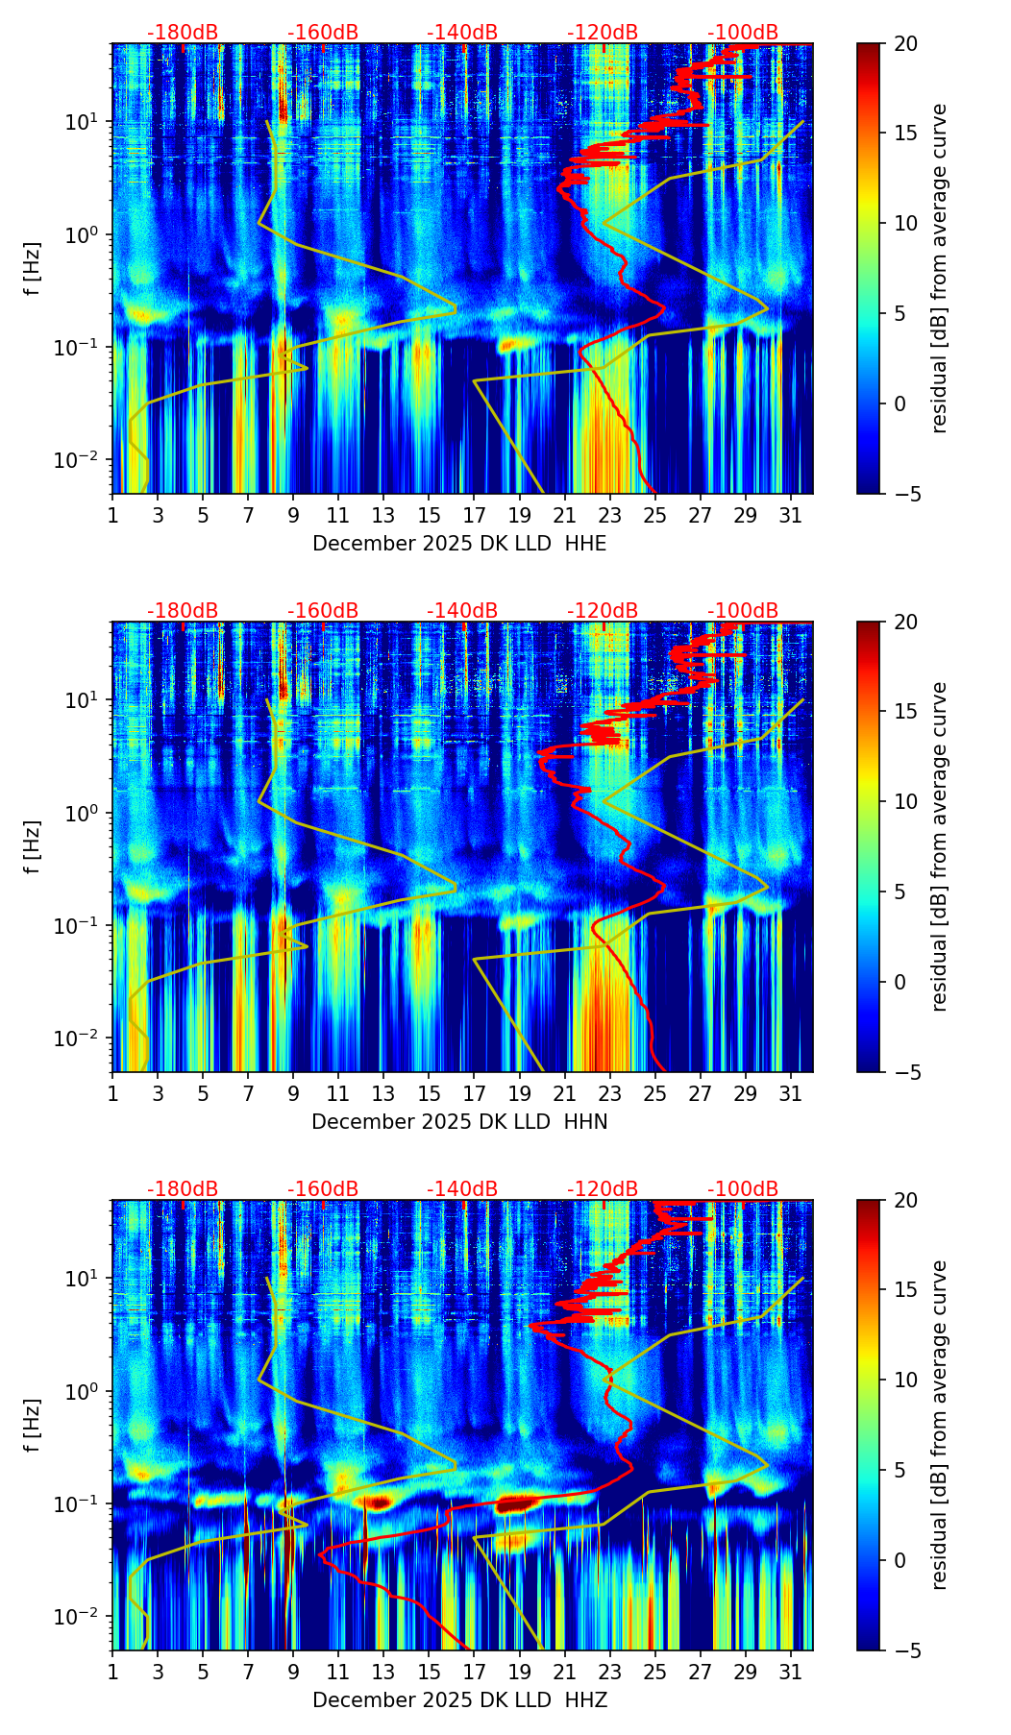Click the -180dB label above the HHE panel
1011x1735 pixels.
pyautogui.click(x=183, y=33)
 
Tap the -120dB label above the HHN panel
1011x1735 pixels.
pyautogui.click(x=603, y=611)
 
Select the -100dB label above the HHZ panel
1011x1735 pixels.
pyautogui.click(x=743, y=1189)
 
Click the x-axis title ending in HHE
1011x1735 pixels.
pyautogui.click(x=459, y=544)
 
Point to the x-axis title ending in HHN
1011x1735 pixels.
pyautogui.click(x=459, y=1122)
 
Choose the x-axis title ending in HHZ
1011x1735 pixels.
pyautogui.click(x=459, y=1700)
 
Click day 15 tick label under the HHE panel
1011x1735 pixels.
pyautogui.click(x=429, y=515)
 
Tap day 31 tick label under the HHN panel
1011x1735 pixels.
pyautogui.click(x=790, y=1093)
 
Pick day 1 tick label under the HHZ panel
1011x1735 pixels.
pyautogui.click(x=112, y=1672)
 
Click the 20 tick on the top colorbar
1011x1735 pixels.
pyautogui.click(x=905, y=43)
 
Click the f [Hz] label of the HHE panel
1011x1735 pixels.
pyautogui.click(x=33, y=269)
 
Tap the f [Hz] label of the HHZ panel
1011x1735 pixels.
pyautogui.click(x=33, y=1426)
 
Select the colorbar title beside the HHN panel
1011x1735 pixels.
pyautogui.click(x=940, y=846)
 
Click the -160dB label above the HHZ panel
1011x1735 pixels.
pyautogui.click(x=323, y=1189)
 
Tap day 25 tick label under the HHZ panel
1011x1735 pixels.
pyautogui.click(x=654, y=1672)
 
